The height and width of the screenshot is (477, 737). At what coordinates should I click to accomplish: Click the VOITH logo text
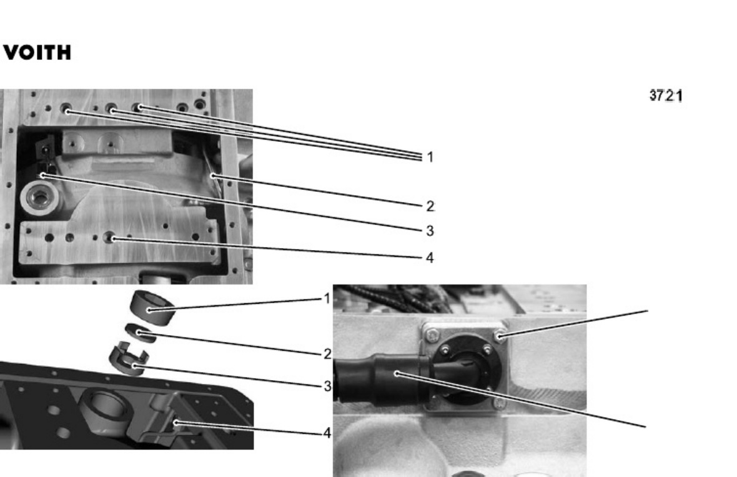37,53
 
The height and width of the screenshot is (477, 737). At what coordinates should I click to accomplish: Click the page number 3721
666,96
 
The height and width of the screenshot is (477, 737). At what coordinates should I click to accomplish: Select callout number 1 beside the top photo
430,157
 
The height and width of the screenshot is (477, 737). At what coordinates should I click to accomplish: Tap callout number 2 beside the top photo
430,206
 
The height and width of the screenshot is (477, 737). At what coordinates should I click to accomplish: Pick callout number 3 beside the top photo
430,231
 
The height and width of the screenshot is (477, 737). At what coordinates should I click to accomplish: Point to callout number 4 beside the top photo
430,258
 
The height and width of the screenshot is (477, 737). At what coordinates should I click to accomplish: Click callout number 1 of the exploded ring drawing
327,298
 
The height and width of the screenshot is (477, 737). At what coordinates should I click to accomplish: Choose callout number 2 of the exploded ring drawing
328,354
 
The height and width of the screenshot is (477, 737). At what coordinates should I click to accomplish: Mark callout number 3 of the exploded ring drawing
328,386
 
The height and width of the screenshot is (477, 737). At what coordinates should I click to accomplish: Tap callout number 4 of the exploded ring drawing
327,433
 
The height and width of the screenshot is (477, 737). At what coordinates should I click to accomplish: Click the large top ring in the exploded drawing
153,306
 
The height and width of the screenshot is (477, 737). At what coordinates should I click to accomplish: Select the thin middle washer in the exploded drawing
141,333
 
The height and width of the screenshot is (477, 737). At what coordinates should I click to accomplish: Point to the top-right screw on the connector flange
500,336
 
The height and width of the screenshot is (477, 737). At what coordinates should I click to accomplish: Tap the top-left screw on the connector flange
432,336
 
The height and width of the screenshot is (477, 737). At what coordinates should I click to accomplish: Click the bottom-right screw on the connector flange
499,403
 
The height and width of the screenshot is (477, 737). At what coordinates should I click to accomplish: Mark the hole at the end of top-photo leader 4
111,238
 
